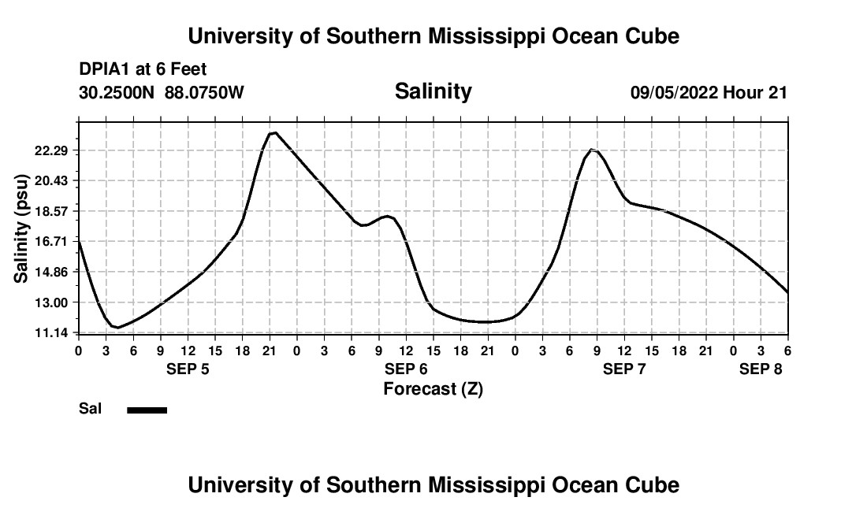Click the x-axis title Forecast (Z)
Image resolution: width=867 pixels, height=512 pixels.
pyautogui.click(x=433, y=389)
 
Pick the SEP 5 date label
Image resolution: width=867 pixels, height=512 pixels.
pyautogui.click(x=188, y=369)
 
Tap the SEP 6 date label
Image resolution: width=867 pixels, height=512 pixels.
pyautogui.click(x=406, y=369)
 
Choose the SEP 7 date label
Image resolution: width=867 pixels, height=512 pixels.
pyautogui.click(x=624, y=369)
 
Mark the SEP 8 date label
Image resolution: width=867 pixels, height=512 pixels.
pyautogui.click(x=761, y=369)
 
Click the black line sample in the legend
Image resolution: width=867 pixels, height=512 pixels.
pyautogui.click(x=147, y=410)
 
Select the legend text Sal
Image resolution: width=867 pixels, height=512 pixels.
pyautogui.click(x=90, y=409)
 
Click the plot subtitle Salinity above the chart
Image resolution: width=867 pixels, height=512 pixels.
pyautogui.click(x=433, y=91)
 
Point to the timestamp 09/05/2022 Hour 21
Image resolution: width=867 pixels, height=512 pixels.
pyautogui.click(x=709, y=93)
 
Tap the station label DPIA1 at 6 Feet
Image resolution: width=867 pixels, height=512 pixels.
pyautogui.click(x=143, y=70)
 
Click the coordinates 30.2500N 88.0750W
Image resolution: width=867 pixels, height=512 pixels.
pyautogui.click(x=162, y=93)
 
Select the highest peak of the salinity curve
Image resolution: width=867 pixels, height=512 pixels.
pyautogui.click(x=273, y=133)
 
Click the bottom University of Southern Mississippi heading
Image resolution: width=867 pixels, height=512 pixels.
pyautogui.click(x=433, y=485)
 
